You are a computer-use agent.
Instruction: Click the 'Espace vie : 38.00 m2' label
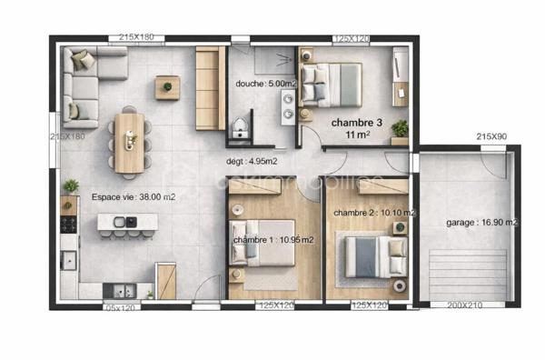[x=134, y=195]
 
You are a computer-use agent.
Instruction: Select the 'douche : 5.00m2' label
[x=265, y=84]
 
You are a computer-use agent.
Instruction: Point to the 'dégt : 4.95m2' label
[x=252, y=162]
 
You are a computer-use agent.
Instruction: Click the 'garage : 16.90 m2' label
[x=482, y=222]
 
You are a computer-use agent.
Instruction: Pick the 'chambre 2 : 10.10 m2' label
[x=374, y=213]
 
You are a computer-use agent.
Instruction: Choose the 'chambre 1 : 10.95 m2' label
[x=272, y=240]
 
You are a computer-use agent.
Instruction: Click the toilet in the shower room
[x=241, y=127]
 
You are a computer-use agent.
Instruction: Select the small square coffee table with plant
[x=167, y=87]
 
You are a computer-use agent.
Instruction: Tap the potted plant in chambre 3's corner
[x=400, y=130]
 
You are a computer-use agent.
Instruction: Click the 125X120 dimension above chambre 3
[x=352, y=39]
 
